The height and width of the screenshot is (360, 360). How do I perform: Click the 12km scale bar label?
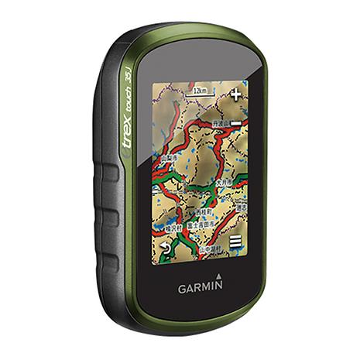pos(201,91)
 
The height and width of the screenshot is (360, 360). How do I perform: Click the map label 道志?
pos(241,208)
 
